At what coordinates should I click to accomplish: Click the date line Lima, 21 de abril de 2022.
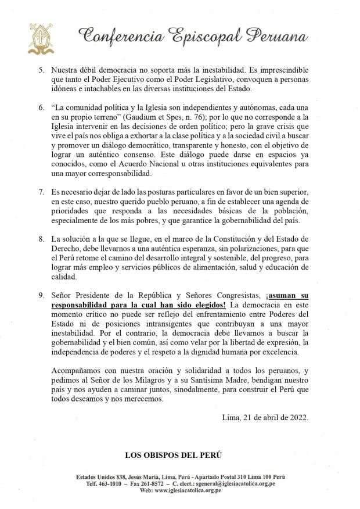pyautogui.click(x=265, y=417)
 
